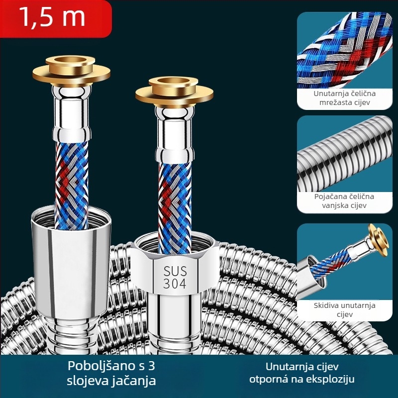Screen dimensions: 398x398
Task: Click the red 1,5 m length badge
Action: point(56,18)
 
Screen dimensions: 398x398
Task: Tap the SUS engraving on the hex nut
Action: point(175,271)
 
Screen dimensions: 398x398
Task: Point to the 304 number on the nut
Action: point(175,284)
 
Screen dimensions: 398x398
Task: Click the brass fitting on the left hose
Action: point(71,72)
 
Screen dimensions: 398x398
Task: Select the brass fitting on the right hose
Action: point(174,92)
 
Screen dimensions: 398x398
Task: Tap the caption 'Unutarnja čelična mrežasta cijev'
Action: point(344,98)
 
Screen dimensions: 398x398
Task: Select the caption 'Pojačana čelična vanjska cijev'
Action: point(344,201)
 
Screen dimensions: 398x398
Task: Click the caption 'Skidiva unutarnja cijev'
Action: point(344,309)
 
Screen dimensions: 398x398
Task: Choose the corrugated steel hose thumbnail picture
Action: point(344,154)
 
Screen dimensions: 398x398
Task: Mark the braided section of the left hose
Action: point(71,185)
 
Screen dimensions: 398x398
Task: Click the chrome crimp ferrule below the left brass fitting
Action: point(71,114)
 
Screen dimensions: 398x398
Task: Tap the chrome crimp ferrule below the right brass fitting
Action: point(175,134)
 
